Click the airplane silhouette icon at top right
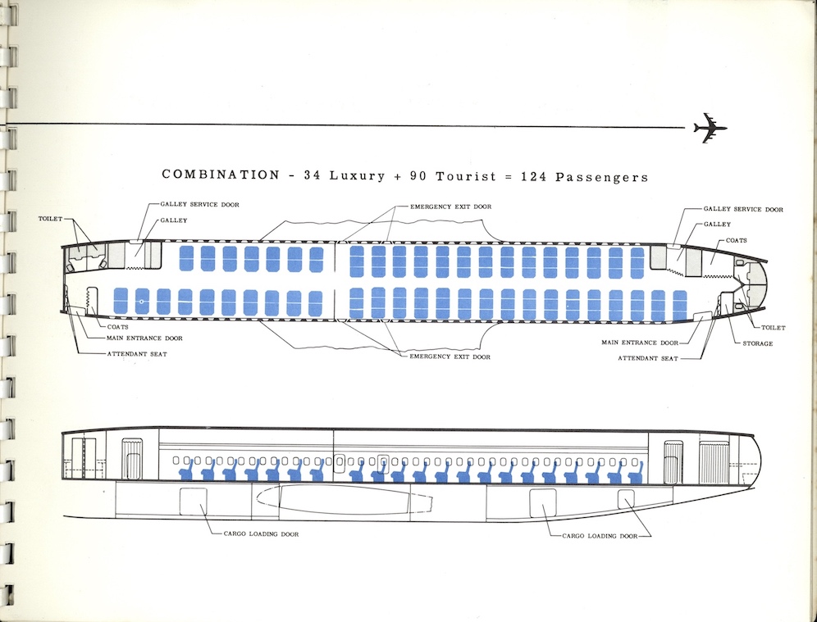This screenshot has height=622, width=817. (x=710, y=129)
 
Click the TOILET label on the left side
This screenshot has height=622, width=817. (x=51, y=220)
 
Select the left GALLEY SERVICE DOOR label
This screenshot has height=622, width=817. (x=194, y=204)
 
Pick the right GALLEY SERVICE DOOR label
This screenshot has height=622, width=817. (x=743, y=209)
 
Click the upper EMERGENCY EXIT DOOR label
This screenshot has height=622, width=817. (x=450, y=207)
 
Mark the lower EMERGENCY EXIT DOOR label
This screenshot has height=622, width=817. (x=450, y=357)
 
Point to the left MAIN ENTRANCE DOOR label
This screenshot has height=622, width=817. (x=144, y=338)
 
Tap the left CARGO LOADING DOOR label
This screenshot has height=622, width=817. (x=260, y=533)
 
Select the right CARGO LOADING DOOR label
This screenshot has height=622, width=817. (x=600, y=535)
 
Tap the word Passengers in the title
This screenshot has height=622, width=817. (x=602, y=176)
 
